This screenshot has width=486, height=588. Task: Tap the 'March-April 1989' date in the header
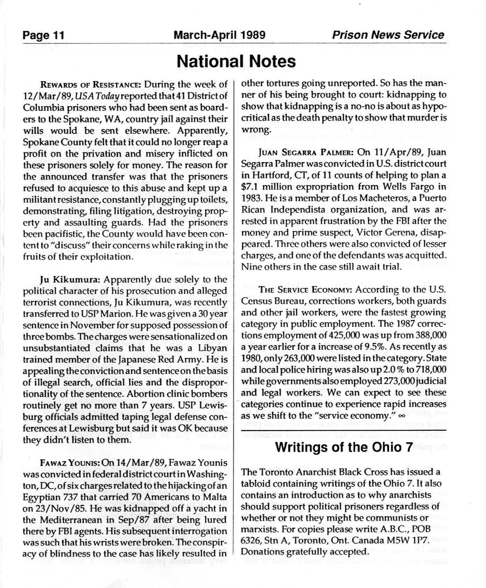coord(219,35)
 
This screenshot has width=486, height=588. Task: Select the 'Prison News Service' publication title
coord(388,35)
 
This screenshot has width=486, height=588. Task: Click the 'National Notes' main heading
coord(236,61)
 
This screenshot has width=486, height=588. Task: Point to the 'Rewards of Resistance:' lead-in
coord(91,85)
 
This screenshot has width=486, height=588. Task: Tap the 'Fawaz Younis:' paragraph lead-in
coord(70,463)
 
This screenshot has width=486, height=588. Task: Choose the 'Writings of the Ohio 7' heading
coord(344,447)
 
